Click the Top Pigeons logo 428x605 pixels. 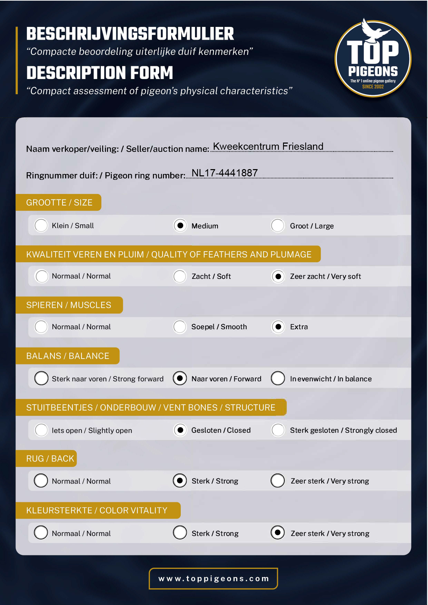tap(373, 58)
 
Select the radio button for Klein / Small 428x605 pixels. tap(41, 226)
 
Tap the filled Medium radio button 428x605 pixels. tap(180, 226)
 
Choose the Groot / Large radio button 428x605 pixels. tap(278, 226)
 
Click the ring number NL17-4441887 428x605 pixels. tap(224, 173)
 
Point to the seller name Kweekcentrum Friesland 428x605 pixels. tap(268, 146)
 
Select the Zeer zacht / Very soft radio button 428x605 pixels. tap(278, 276)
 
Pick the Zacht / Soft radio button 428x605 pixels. tap(180, 276)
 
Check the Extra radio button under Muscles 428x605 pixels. tap(278, 326)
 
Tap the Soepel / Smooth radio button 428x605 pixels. tap(180, 326)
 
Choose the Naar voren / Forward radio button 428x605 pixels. tap(180, 378)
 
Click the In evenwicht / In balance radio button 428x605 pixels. tap(278, 378)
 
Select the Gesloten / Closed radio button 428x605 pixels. tap(180, 430)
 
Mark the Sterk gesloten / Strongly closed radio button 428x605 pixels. tap(278, 430)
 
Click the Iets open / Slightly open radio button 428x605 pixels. tap(41, 430)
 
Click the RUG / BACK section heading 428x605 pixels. tap(50, 459)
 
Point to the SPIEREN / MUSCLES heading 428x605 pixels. tap(69, 305)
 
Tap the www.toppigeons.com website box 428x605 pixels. tap(213, 578)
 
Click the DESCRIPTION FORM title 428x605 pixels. tap(100, 73)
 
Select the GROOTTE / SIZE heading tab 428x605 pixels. tap(59, 203)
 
